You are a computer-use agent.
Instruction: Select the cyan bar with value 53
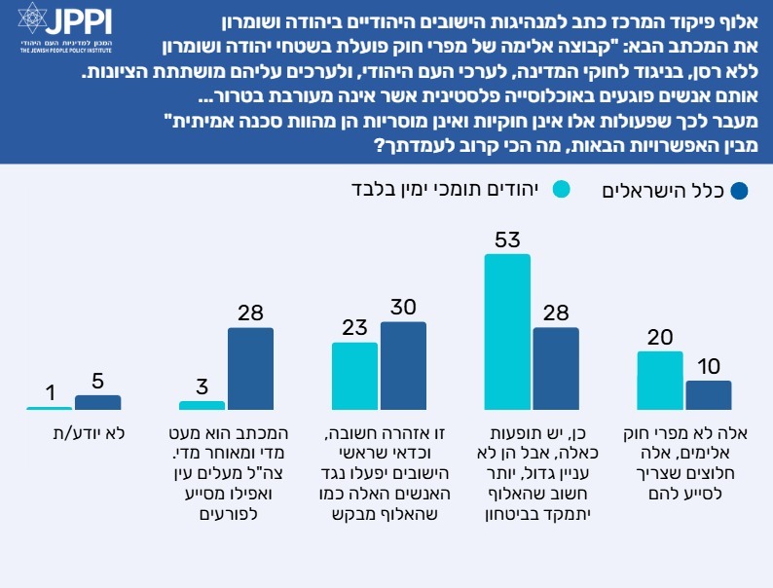click(x=507, y=332)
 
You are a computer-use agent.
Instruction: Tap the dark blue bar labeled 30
click(x=403, y=366)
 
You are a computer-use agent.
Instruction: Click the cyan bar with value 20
click(x=660, y=381)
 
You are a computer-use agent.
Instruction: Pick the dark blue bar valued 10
click(x=708, y=395)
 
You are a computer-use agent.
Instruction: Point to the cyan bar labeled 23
click(x=354, y=377)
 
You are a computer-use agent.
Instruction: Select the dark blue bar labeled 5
click(x=97, y=403)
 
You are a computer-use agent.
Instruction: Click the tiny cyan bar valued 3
click(x=202, y=405)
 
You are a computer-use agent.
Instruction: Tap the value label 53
click(x=507, y=239)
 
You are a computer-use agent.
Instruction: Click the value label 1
click(x=49, y=392)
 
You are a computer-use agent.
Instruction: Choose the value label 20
click(x=660, y=337)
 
